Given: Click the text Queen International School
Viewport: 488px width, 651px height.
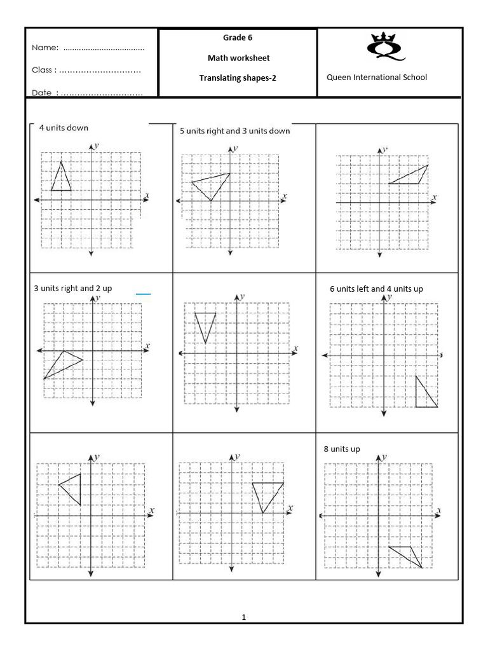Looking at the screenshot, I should click(377, 78).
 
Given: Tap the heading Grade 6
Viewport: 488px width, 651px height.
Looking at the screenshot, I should click(238, 38).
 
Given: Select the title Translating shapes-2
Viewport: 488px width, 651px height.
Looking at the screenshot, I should click(238, 78).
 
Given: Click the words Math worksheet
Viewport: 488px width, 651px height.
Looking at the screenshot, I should click(238, 58).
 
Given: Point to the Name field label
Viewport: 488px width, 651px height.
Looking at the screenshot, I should click(45, 48).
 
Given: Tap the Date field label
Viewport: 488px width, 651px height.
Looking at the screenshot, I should click(43, 93).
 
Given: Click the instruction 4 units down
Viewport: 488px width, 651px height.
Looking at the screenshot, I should click(64, 128).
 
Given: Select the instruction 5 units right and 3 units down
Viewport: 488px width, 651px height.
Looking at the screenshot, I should click(234, 131).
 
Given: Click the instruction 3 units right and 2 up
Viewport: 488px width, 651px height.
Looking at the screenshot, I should click(72, 288).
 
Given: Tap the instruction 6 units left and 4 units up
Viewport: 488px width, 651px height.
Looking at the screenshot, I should click(376, 289).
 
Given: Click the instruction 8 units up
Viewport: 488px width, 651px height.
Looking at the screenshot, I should click(341, 449).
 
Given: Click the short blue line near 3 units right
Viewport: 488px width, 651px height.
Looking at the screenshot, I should click(143, 294).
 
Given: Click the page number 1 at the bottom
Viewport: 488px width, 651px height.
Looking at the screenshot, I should click(243, 617).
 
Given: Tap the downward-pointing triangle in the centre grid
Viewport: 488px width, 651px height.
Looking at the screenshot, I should click(205, 324).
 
